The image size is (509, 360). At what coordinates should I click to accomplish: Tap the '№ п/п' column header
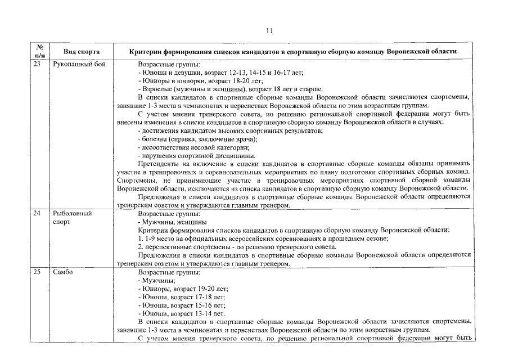point(40,51)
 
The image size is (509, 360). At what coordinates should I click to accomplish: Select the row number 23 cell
point(38,65)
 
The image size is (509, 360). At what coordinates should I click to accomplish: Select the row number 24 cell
point(38,214)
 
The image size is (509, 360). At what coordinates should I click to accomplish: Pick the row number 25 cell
point(38,273)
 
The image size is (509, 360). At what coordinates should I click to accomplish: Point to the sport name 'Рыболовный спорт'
point(72,218)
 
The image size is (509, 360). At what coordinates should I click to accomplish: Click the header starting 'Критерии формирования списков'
point(292,51)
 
